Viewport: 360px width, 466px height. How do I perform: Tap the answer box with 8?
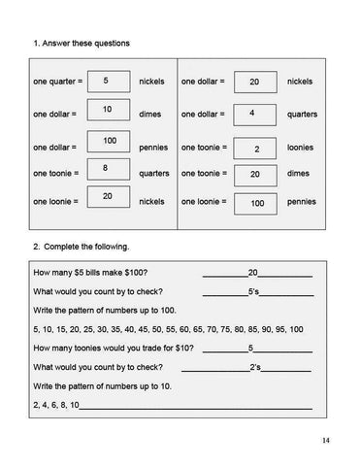click(x=108, y=170)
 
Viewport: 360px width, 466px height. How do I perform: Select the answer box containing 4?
click(x=255, y=114)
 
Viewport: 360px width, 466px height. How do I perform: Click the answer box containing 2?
click(x=255, y=150)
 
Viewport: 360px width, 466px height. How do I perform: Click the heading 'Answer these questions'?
click(x=84, y=44)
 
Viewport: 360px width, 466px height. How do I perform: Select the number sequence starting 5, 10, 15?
click(x=168, y=329)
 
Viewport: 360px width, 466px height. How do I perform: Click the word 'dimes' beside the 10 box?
click(x=151, y=115)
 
